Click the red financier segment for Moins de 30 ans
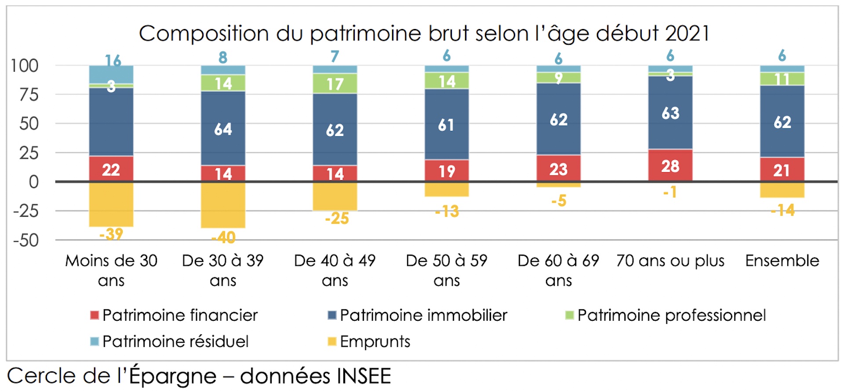coord(111,169)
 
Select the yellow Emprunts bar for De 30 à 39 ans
coord(223,204)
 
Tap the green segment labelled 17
coord(335,83)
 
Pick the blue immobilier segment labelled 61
coord(446,125)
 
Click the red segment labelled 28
coord(670,166)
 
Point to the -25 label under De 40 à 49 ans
coord(337,218)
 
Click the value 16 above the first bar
coord(113,60)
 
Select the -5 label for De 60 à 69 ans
coord(559,201)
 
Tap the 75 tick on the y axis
coord(29,94)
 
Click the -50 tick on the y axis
coord(26,241)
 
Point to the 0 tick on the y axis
coord(33,182)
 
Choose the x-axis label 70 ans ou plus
coord(670,261)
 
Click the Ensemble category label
coord(782,261)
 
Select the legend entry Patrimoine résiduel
coord(175,341)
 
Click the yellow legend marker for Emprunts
coord(332,341)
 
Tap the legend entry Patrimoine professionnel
coord(671,315)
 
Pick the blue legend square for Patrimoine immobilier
coord(332,315)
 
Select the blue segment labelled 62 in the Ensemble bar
coord(782,122)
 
